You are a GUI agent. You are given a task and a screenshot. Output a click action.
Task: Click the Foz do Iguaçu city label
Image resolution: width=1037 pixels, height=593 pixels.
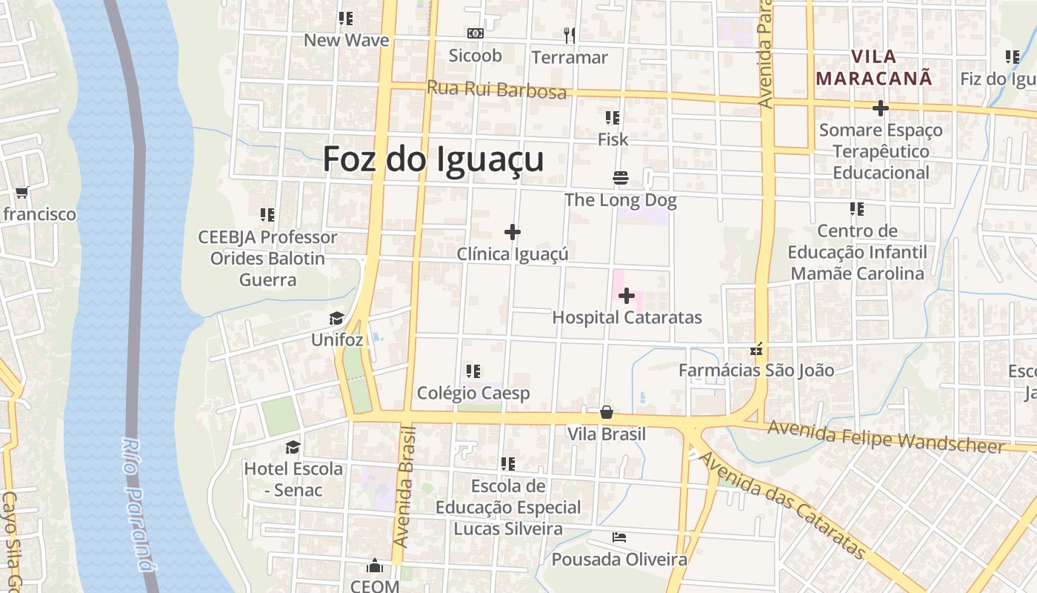click(433, 159)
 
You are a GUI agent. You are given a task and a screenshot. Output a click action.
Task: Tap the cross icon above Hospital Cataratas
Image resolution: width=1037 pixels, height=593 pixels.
click(627, 296)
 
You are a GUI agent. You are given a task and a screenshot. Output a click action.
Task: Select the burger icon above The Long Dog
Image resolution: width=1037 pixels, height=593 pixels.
click(621, 178)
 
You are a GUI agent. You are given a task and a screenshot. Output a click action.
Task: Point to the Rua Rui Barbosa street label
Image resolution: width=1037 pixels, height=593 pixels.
click(496, 90)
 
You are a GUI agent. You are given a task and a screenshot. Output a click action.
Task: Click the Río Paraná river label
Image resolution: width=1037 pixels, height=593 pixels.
click(137, 504)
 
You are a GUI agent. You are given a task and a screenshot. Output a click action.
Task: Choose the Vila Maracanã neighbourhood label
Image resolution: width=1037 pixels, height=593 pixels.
click(874, 67)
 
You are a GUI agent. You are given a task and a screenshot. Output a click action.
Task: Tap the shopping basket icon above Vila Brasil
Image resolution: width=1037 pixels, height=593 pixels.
click(607, 412)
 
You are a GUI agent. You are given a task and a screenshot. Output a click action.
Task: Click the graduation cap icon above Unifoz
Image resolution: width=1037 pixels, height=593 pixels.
click(337, 319)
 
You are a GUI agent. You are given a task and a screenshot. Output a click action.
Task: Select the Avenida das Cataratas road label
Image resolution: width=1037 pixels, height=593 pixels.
click(781, 506)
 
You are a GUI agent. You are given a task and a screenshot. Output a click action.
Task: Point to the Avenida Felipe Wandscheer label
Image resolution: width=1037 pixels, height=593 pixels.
click(886, 437)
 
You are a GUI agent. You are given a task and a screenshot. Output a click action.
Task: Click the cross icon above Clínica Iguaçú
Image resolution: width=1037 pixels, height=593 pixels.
click(512, 232)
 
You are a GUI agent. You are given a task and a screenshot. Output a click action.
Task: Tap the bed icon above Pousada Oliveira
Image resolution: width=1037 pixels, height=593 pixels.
click(620, 537)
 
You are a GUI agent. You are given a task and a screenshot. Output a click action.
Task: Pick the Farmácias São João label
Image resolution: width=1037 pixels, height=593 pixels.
click(757, 370)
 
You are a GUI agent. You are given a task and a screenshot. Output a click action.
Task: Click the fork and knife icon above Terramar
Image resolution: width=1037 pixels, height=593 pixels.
click(569, 34)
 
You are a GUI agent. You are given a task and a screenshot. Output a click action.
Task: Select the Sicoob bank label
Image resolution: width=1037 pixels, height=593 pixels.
click(476, 56)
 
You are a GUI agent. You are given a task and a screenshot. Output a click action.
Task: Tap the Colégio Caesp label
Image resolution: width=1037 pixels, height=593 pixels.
click(473, 393)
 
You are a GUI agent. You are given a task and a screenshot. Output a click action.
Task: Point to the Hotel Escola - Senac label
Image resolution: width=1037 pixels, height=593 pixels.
click(294, 479)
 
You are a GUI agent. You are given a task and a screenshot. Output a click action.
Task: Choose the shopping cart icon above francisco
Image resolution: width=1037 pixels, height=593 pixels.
click(22, 192)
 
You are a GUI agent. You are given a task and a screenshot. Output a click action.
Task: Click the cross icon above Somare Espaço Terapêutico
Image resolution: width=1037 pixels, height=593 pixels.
click(880, 108)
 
